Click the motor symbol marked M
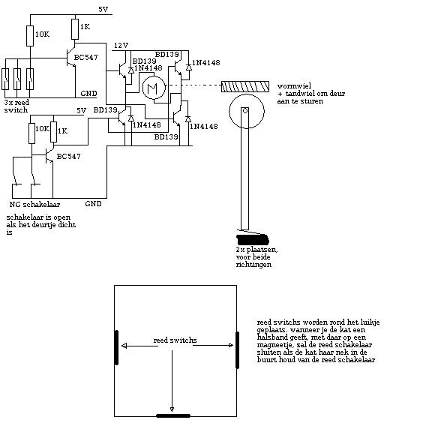(154, 88)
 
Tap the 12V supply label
(121, 45)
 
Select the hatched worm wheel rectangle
(245, 87)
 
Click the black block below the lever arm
(253, 239)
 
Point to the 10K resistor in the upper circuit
(30, 36)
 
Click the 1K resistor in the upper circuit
(75, 29)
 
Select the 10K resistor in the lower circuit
(31, 133)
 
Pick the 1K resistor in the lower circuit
(53, 132)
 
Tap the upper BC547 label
(86, 58)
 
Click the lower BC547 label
(68, 156)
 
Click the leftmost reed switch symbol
(5, 79)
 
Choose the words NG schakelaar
(34, 205)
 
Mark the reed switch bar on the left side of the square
(116, 348)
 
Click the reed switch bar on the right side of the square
(237, 349)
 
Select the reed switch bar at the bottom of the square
(173, 415)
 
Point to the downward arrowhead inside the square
(172, 409)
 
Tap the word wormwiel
(294, 86)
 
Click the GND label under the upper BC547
(88, 93)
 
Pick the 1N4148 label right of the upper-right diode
(206, 63)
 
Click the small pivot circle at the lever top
(245, 111)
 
